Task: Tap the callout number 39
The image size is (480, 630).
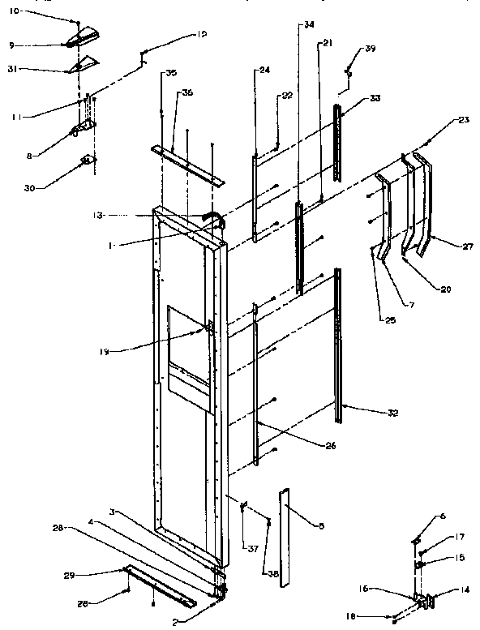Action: [x=371, y=49]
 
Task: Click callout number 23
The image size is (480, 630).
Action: [x=464, y=119]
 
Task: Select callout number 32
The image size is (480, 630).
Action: [x=392, y=412]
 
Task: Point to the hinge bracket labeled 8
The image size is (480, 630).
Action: [x=83, y=128]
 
